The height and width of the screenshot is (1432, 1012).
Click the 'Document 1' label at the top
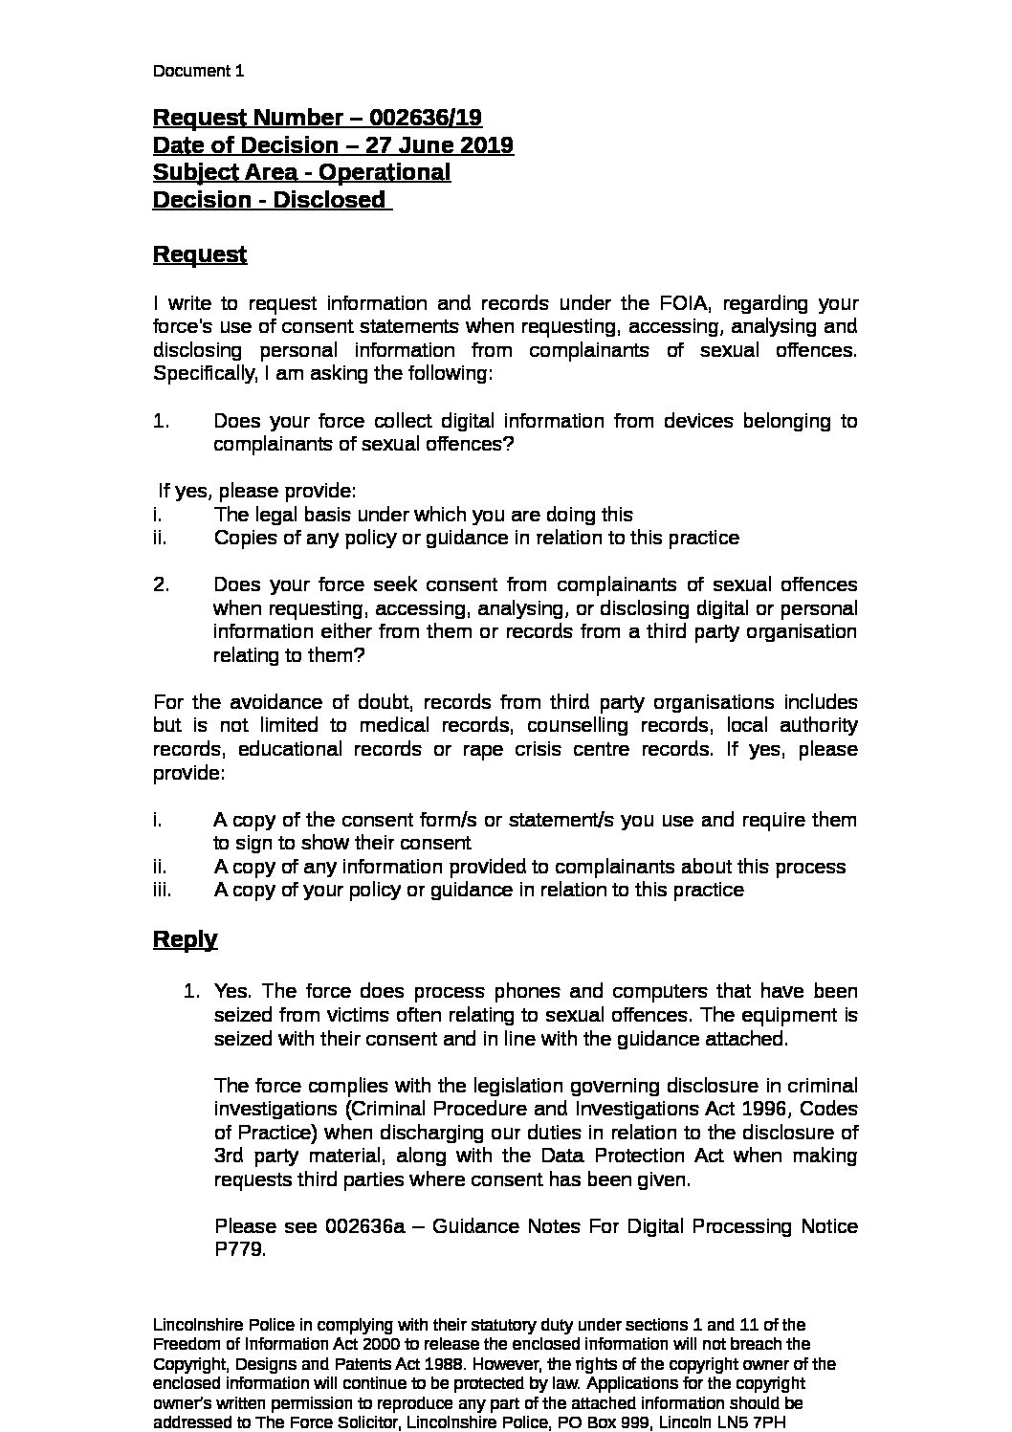tap(198, 71)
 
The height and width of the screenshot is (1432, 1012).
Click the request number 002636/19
tap(426, 118)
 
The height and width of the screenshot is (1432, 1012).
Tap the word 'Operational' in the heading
tap(384, 173)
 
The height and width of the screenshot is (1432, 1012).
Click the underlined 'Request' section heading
tap(200, 254)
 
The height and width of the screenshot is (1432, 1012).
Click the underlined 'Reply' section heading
tap(185, 938)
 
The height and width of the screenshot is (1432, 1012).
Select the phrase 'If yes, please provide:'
tap(257, 491)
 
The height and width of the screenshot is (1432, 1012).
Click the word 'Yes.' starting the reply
tap(232, 991)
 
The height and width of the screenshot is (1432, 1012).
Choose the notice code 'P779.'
tap(239, 1249)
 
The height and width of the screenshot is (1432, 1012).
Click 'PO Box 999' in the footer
tap(591, 1423)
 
